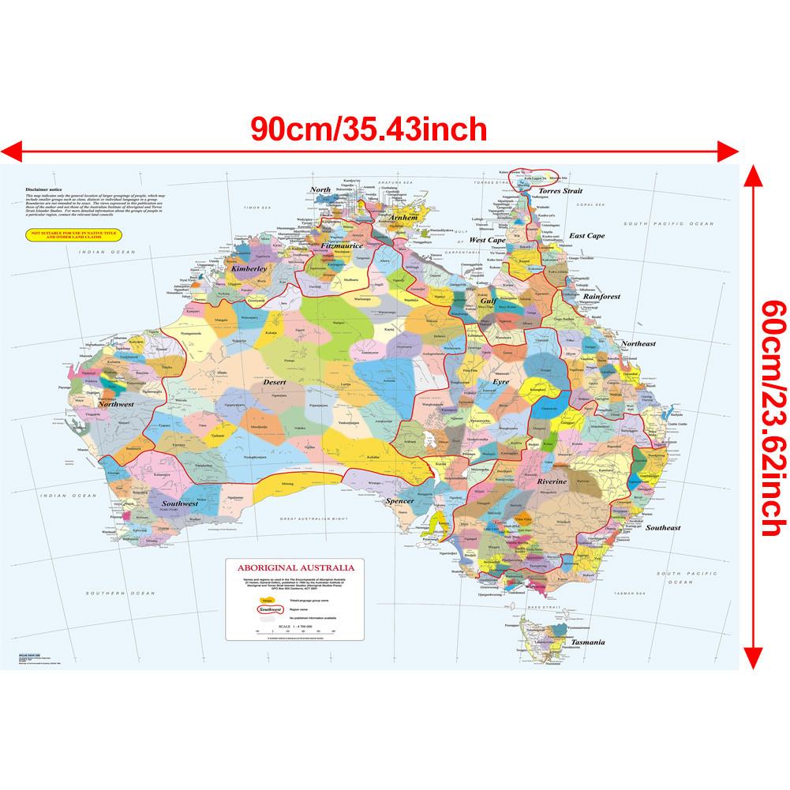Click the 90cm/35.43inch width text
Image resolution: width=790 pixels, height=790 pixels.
click(369, 128)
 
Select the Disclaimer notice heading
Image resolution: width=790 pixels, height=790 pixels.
click(43, 190)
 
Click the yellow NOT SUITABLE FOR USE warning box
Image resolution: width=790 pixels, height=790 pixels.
click(62, 235)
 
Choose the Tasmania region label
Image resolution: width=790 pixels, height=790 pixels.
click(589, 642)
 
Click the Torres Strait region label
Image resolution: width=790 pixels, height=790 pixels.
click(560, 191)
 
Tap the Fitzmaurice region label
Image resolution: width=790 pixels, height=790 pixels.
click(342, 246)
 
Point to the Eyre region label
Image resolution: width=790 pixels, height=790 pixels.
click(501, 381)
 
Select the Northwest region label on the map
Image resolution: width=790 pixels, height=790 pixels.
click(116, 404)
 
